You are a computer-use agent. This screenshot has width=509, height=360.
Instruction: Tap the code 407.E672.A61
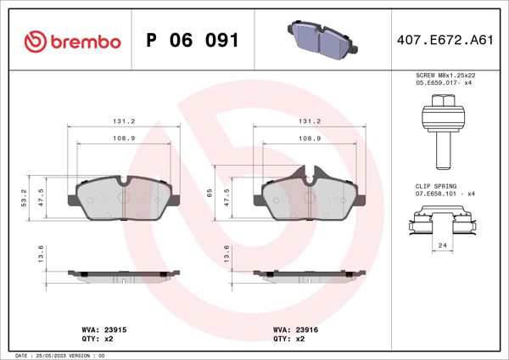444,41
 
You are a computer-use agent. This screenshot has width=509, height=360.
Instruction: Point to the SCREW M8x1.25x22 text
444,76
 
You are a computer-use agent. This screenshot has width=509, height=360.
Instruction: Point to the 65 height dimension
210,193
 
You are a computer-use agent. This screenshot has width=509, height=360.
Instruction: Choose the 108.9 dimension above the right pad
310,137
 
